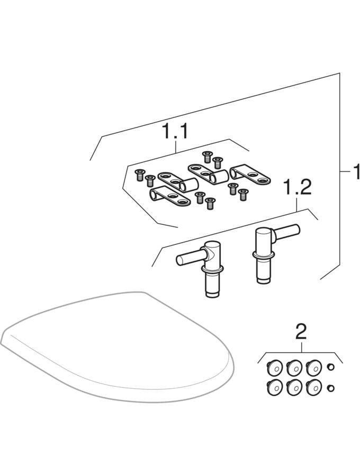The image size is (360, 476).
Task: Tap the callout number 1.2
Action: [x=297, y=188]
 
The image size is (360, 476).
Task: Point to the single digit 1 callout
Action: [x=356, y=172]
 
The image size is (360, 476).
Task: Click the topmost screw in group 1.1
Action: [x=207, y=157]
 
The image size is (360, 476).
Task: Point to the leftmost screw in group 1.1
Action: [x=139, y=175]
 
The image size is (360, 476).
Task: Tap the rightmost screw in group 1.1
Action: [x=242, y=195]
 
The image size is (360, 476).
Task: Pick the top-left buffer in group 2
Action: [x=274, y=368]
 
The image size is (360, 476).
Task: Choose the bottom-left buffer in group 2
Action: [x=274, y=387]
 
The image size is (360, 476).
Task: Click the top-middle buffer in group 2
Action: [x=294, y=368]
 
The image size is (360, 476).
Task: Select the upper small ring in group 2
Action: [x=331, y=368]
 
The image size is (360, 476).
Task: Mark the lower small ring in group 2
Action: [x=331, y=388]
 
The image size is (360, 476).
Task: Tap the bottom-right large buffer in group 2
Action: [x=314, y=387]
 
